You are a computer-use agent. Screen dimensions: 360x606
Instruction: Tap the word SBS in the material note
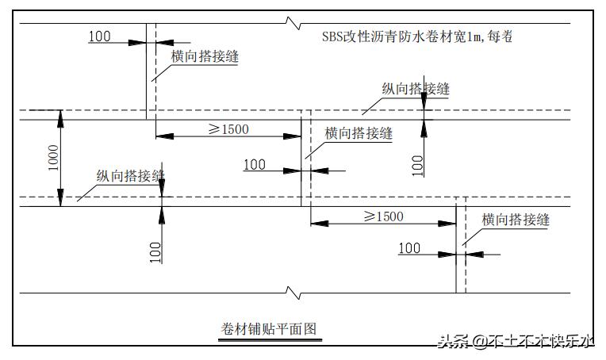(333, 36)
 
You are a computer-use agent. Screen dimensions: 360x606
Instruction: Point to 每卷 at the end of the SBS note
(502, 36)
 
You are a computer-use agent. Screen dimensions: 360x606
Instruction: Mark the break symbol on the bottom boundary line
(295, 294)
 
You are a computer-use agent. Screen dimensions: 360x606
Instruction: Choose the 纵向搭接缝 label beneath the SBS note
(415, 89)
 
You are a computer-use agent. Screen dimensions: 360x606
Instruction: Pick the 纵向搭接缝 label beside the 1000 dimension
(131, 175)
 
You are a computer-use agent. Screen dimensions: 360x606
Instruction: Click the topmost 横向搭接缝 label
(205, 56)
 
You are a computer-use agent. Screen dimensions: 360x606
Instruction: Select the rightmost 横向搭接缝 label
(516, 220)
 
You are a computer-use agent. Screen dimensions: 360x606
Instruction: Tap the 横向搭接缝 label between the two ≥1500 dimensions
(359, 133)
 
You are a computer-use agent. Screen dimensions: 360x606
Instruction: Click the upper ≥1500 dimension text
(228, 128)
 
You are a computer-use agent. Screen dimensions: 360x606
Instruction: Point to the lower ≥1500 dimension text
(383, 216)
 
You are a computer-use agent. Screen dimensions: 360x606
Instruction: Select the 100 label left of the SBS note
(99, 36)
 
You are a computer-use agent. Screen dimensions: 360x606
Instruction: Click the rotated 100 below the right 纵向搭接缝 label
(418, 165)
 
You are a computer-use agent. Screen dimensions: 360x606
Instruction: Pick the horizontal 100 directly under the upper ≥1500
(254, 164)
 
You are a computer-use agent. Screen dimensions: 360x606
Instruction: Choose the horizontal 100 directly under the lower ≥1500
(409, 248)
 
